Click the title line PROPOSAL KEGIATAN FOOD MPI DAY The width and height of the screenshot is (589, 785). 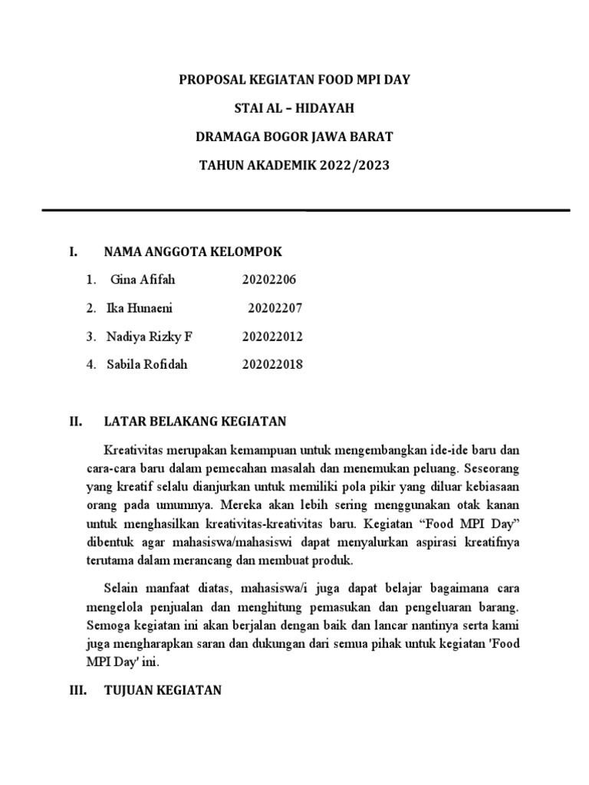click(294, 80)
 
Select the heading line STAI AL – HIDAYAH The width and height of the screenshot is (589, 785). click(294, 108)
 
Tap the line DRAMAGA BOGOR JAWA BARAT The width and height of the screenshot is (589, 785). click(294, 137)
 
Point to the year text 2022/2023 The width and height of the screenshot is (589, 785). click(351, 166)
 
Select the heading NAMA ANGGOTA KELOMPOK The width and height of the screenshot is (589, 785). click(192, 251)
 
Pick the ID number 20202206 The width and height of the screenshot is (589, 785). click(268, 280)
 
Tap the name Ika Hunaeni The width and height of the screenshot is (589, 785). click(140, 308)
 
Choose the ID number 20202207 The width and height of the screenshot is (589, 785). click(275, 308)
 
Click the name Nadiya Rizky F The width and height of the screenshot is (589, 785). click(150, 337)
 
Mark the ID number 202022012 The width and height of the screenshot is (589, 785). click(272, 337)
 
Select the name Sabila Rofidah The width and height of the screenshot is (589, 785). click(147, 364)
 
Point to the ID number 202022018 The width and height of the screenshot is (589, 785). click(272, 364)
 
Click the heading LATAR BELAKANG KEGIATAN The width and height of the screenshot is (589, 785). click(195, 421)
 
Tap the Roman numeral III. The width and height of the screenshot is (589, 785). click(76, 691)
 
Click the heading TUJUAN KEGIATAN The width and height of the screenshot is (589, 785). click(163, 691)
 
